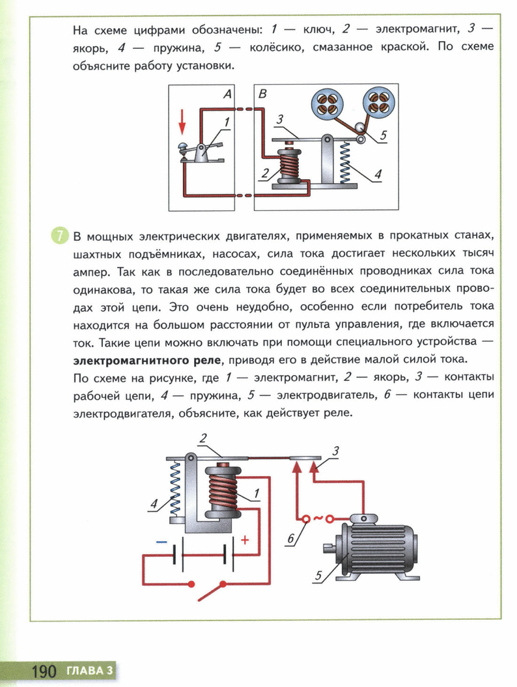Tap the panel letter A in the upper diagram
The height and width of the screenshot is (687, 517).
[227, 93]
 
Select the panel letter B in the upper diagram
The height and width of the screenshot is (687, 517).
[263, 93]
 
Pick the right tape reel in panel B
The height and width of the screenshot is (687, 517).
[378, 102]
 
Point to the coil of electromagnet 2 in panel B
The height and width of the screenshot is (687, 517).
[290, 167]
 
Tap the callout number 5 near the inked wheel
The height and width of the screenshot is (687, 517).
[383, 135]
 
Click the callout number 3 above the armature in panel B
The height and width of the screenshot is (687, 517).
[279, 119]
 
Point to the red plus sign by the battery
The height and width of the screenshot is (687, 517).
[244, 540]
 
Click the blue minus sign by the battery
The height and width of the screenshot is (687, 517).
[161, 542]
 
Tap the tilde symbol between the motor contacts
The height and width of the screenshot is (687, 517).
[318, 518]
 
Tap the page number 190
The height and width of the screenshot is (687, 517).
[44, 671]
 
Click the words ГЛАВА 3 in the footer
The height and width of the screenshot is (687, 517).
[89, 670]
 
